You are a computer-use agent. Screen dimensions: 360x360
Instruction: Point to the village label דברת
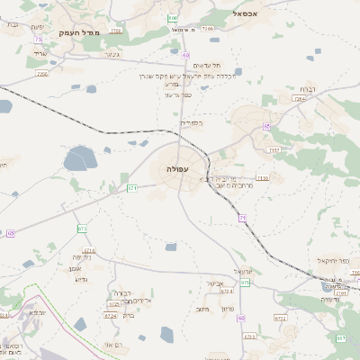pos(306,90)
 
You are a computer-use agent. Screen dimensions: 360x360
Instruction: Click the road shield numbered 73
pos(38,40)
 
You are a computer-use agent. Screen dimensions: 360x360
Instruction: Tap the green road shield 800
pos(172,18)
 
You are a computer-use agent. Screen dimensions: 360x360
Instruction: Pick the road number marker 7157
pos(274,149)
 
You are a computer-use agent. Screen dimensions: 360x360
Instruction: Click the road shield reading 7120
pos(262,178)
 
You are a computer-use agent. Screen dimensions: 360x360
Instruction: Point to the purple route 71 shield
pos(243,219)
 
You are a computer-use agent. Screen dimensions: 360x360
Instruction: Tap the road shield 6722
pos(280,318)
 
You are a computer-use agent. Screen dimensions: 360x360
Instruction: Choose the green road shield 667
pos(341,337)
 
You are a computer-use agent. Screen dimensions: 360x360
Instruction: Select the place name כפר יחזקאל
pos(332,261)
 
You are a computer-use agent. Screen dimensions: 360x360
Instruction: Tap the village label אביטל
pos(215,283)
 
